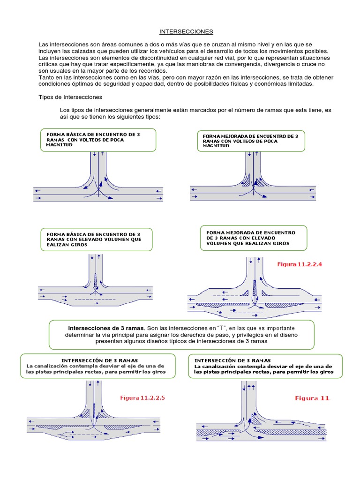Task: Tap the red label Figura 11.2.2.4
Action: pyautogui.click(x=300, y=264)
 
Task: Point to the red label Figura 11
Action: pyautogui.click(x=312, y=398)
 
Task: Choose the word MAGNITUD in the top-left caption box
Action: pyautogui.click(x=60, y=145)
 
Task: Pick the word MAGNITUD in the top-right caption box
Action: pyautogui.click(x=216, y=146)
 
